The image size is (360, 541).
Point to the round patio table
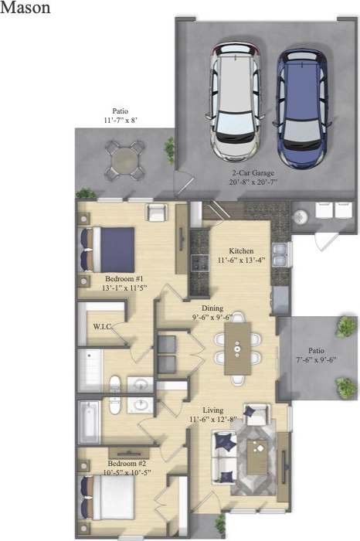(124, 161)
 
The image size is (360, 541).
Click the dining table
(238, 348)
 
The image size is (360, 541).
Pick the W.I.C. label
(103, 327)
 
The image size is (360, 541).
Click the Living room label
(213, 410)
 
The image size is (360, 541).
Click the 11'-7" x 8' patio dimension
(121, 121)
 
